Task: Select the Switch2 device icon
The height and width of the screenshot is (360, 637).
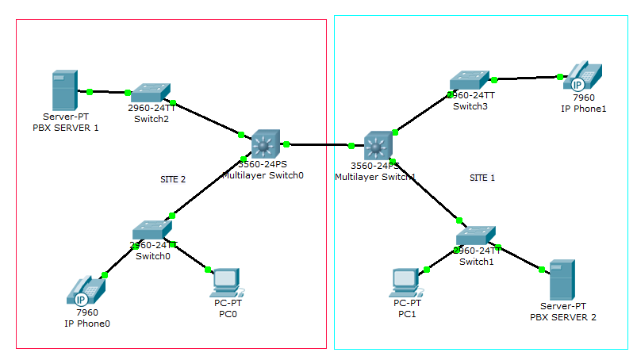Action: (x=150, y=94)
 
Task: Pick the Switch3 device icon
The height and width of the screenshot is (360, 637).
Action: (x=470, y=82)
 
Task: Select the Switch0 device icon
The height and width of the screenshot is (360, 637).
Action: (x=152, y=231)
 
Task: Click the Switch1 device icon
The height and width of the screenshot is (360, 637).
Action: (x=476, y=235)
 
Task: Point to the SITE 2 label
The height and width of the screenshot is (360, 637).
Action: (x=172, y=179)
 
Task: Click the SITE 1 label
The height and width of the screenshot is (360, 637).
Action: (x=482, y=178)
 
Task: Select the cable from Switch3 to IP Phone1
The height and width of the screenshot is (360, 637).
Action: (x=527, y=79)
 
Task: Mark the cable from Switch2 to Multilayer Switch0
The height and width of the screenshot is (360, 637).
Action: (x=206, y=117)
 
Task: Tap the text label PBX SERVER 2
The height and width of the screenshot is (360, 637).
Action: (x=562, y=317)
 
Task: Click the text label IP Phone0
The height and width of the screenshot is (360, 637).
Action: (x=87, y=324)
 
